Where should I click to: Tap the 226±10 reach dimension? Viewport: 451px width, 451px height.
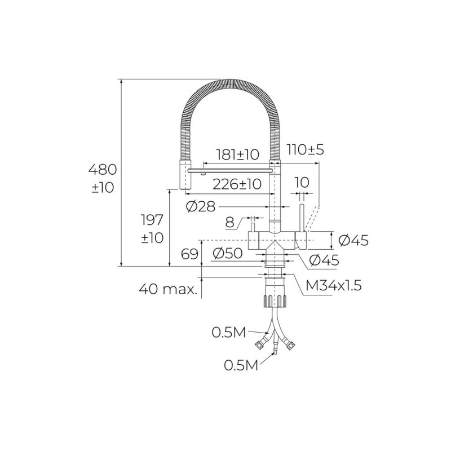tap(237, 184)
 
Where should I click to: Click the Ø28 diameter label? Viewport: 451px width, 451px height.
tap(200, 207)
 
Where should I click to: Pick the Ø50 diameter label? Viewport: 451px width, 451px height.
tap(228, 254)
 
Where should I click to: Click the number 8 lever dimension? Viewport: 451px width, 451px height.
tap(230, 222)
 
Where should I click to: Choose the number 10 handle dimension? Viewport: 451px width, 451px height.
tap(302, 183)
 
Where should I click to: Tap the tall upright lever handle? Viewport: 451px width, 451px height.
tap(302, 218)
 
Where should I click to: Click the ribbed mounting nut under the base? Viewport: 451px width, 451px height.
tap(275, 299)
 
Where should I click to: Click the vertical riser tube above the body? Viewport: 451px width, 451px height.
tap(275, 200)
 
